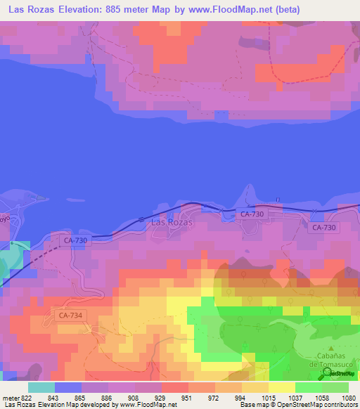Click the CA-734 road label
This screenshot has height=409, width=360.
(x=71, y=316)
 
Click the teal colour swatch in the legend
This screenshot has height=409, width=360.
(x=41, y=387)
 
